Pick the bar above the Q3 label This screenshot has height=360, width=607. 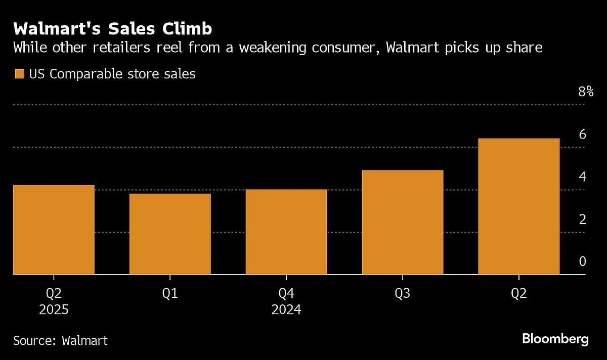tap(403, 222)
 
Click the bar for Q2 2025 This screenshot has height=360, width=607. tap(54, 230)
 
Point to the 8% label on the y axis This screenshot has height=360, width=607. tap(585, 92)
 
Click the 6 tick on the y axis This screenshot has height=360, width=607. tap(582, 134)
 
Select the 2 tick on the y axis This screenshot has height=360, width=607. tap(582, 219)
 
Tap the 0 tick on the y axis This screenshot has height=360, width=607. tap(582, 261)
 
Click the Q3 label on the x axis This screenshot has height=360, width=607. tap(403, 293)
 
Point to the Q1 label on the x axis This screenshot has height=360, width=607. tap(170, 293)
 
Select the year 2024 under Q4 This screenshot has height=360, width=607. tap(286, 309)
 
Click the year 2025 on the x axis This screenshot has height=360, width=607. tap(54, 309)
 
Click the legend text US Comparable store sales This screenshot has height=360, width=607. tap(112, 74)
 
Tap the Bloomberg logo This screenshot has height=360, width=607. tap(555, 339)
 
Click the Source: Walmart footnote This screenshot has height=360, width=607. tap(60, 340)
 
